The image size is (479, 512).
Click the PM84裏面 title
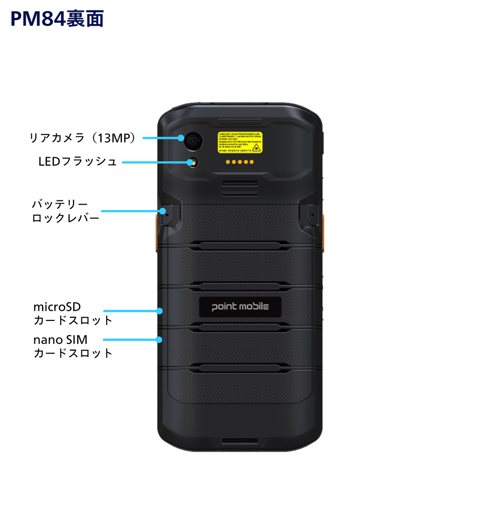[x=57, y=19]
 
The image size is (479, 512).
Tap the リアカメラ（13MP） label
[x=83, y=137]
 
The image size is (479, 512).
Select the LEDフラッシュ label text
[x=78, y=162]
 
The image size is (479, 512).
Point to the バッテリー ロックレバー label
[x=65, y=211]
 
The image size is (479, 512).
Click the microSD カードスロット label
[x=73, y=313]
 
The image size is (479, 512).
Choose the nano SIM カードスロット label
[x=73, y=346]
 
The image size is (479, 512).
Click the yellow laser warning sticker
[x=240, y=142]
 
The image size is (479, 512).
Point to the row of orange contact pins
[x=239, y=162]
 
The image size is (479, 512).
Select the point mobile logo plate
[x=240, y=307]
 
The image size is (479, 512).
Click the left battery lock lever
[x=168, y=214]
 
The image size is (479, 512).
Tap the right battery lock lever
[x=311, y=214]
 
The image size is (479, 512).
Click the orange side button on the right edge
[x=323, y=233]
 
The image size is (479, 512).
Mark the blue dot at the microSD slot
[x=160, y=311]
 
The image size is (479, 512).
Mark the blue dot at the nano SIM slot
[x=159, y=340]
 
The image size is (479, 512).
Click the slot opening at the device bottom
[x=239, y=441]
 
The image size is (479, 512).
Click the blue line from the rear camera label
[x=161, y=137]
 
